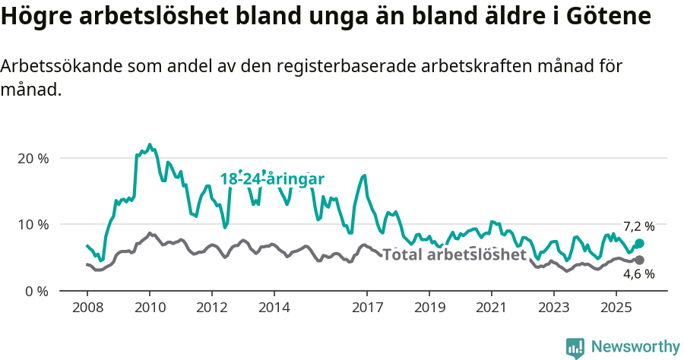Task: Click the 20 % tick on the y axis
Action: [x=33, y=158]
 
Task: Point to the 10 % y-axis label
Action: [x=33, y=225]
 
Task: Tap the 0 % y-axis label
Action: [x=36, y=291]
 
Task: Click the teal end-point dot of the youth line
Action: [x=639, y=243]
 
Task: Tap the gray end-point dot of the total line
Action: [x=639, y=261]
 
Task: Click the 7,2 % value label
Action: [x=638, y=226]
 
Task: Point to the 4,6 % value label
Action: [x=638, y=274]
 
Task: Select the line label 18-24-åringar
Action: [x=272, y=179]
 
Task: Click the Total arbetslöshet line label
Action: [x=454, y=254]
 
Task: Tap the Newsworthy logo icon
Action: [x=575, y=348]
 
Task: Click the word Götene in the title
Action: [x=605, y=16]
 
